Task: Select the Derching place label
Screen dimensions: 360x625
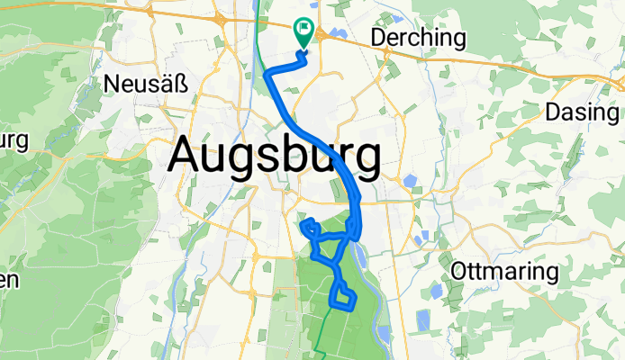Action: [419, 39]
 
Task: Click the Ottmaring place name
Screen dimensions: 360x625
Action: [504, 271]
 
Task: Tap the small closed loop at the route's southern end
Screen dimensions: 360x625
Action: [343, 295]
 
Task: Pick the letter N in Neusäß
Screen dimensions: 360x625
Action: [113, 85]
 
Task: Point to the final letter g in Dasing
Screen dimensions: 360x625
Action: [613, 114]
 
